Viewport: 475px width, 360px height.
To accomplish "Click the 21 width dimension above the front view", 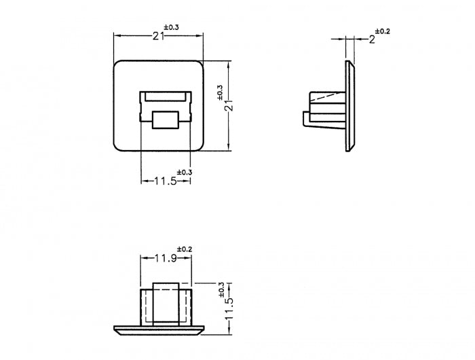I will (x=159, y=37).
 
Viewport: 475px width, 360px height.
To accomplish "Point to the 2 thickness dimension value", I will (x=371, y=40).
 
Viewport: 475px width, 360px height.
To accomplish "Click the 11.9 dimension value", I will (x=166, y=258).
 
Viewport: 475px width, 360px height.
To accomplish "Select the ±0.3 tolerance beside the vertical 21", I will (x=219, y=92).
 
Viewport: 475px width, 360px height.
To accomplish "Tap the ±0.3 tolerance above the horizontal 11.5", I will (x=185, y=172).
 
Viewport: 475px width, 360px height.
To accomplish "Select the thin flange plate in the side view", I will (x=349, y=106).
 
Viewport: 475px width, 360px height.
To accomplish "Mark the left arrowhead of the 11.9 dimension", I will (x=142, y=259).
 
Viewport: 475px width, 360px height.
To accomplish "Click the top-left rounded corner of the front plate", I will (x=117, y=65).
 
